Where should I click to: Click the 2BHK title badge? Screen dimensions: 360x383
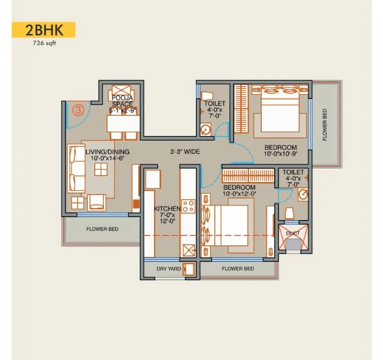pyautogui.click(x=43, y=30)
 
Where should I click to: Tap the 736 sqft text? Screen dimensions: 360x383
pyautogui.click(x=43, y=43)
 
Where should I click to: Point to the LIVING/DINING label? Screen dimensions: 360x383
pyautogui.click(x=107, y=155)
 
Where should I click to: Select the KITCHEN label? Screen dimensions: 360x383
pyautogui.click(x=167, y=212)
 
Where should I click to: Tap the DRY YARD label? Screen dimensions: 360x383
pyautogui.click(x=169, y=269)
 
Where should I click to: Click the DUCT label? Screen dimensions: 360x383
pyautogui.click(x=293, y=233)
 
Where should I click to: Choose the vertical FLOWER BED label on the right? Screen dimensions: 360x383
pyautogui.click(x=325, y=124)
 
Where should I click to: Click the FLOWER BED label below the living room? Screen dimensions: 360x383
pyautogui.click(x=102, y=229)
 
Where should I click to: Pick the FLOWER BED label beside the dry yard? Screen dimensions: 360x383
pyautogui.click(x=237, y=269)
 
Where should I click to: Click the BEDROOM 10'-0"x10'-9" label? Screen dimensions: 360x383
pyautogui.click(x=281, y=150)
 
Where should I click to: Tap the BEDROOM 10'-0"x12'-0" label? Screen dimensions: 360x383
pyautogui.click(x=238, y=190)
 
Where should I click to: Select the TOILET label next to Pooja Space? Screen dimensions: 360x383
pyautogui.click(x=211, y=109)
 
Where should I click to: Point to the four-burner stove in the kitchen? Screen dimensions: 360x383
pyautogui.click(x=189, y=205)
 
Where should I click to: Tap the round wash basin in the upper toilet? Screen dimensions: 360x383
pyautogui.click(x=204, y=130)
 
